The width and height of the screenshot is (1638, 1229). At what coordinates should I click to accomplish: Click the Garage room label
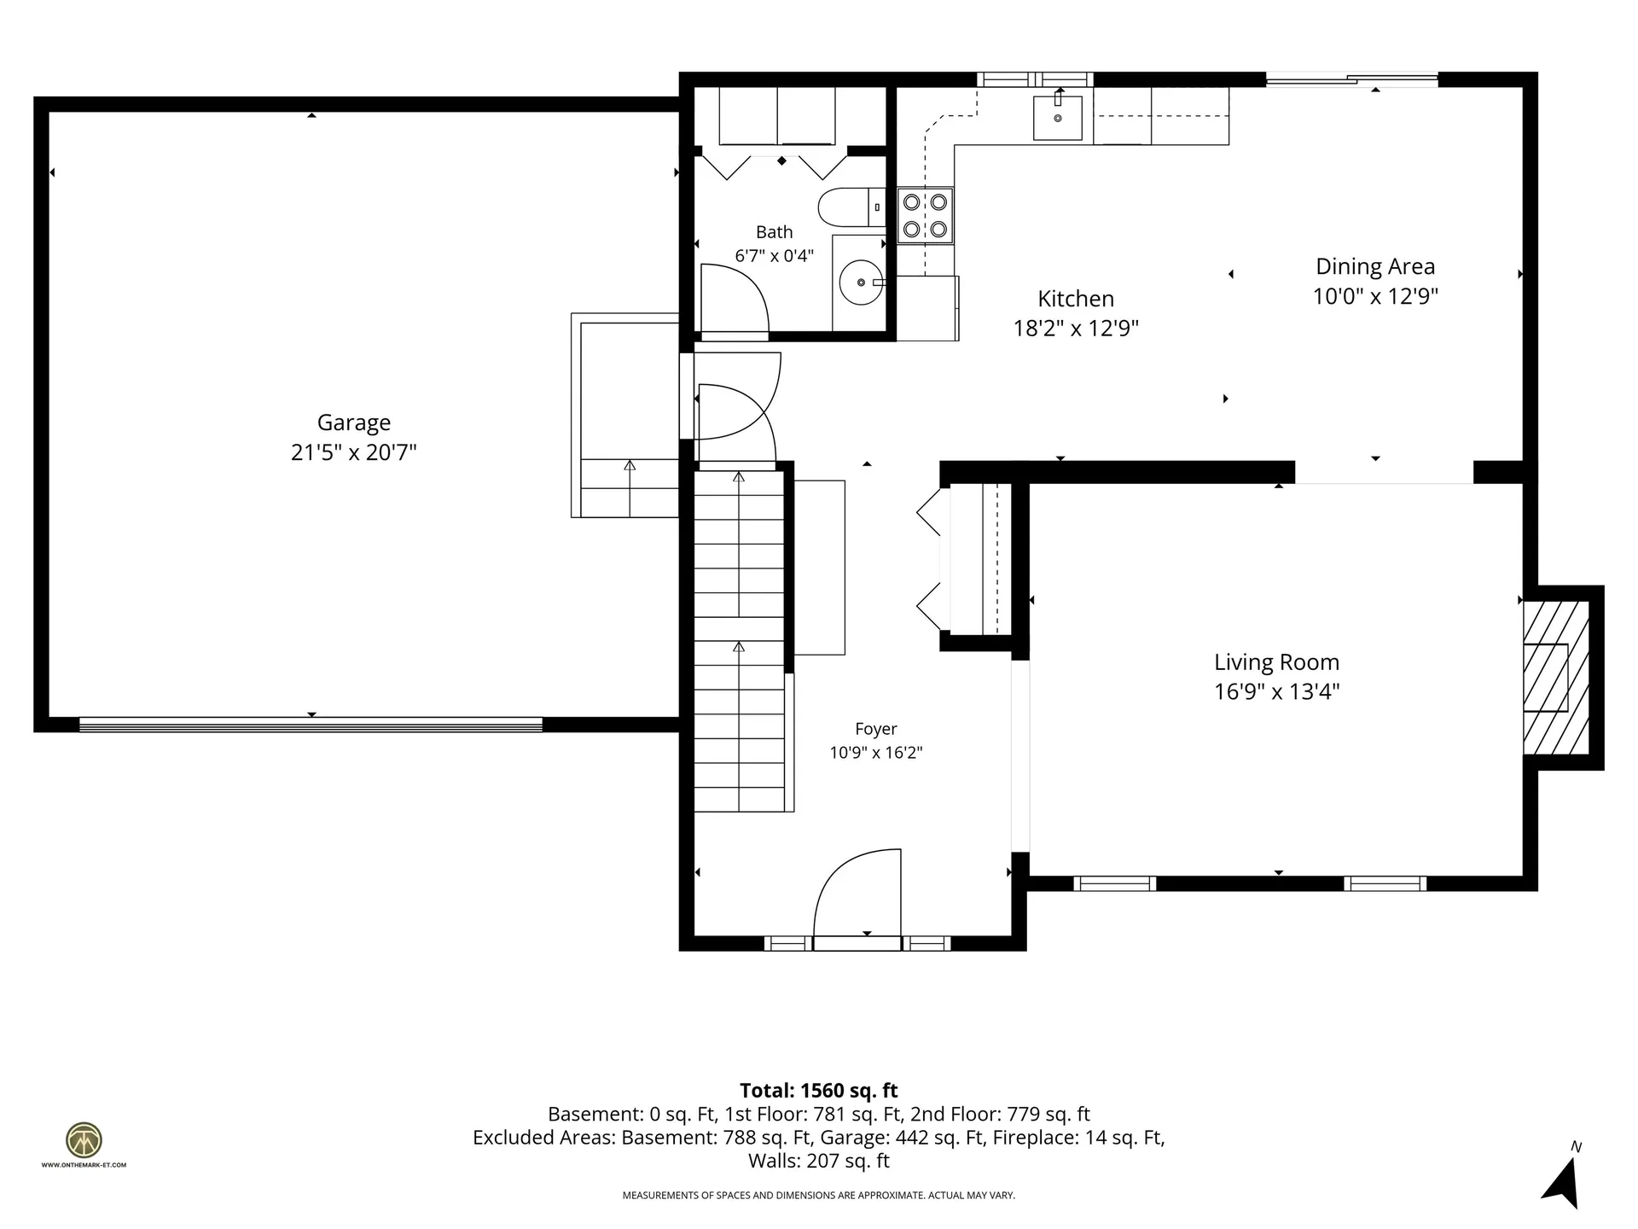pos(354,423)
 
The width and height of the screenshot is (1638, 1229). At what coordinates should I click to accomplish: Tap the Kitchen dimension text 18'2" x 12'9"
pos(1076,329)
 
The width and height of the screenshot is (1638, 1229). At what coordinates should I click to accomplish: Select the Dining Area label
pos(1375,266)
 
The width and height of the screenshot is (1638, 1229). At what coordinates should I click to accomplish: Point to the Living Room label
pos(1276,662)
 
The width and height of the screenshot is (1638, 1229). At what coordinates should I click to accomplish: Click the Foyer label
pos(876,729)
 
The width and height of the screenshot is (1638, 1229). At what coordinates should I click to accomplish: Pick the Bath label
pos(775,232)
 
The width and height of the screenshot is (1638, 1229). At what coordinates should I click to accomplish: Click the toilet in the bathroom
pos(851,207)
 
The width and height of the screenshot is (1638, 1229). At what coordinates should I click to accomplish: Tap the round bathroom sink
pos(862,282)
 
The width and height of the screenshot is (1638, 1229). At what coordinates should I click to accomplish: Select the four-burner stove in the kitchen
pos(926,215)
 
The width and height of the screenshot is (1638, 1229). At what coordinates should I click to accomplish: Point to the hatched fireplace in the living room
pos(1556,678)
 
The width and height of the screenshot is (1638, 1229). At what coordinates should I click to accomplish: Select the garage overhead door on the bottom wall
pos(311,725)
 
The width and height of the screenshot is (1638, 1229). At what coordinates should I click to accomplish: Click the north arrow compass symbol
pos(1561,1180)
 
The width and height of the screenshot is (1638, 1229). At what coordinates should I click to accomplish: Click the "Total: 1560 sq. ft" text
pos(818,1091)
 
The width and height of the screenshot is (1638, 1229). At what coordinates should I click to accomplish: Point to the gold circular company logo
pos(84,1139)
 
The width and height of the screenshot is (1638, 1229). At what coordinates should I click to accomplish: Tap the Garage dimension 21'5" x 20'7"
pos(354,452)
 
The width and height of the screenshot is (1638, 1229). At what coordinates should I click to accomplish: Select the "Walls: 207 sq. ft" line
pos(819,1161)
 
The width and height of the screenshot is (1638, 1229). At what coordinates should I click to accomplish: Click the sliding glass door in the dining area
pos(1351,80)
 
